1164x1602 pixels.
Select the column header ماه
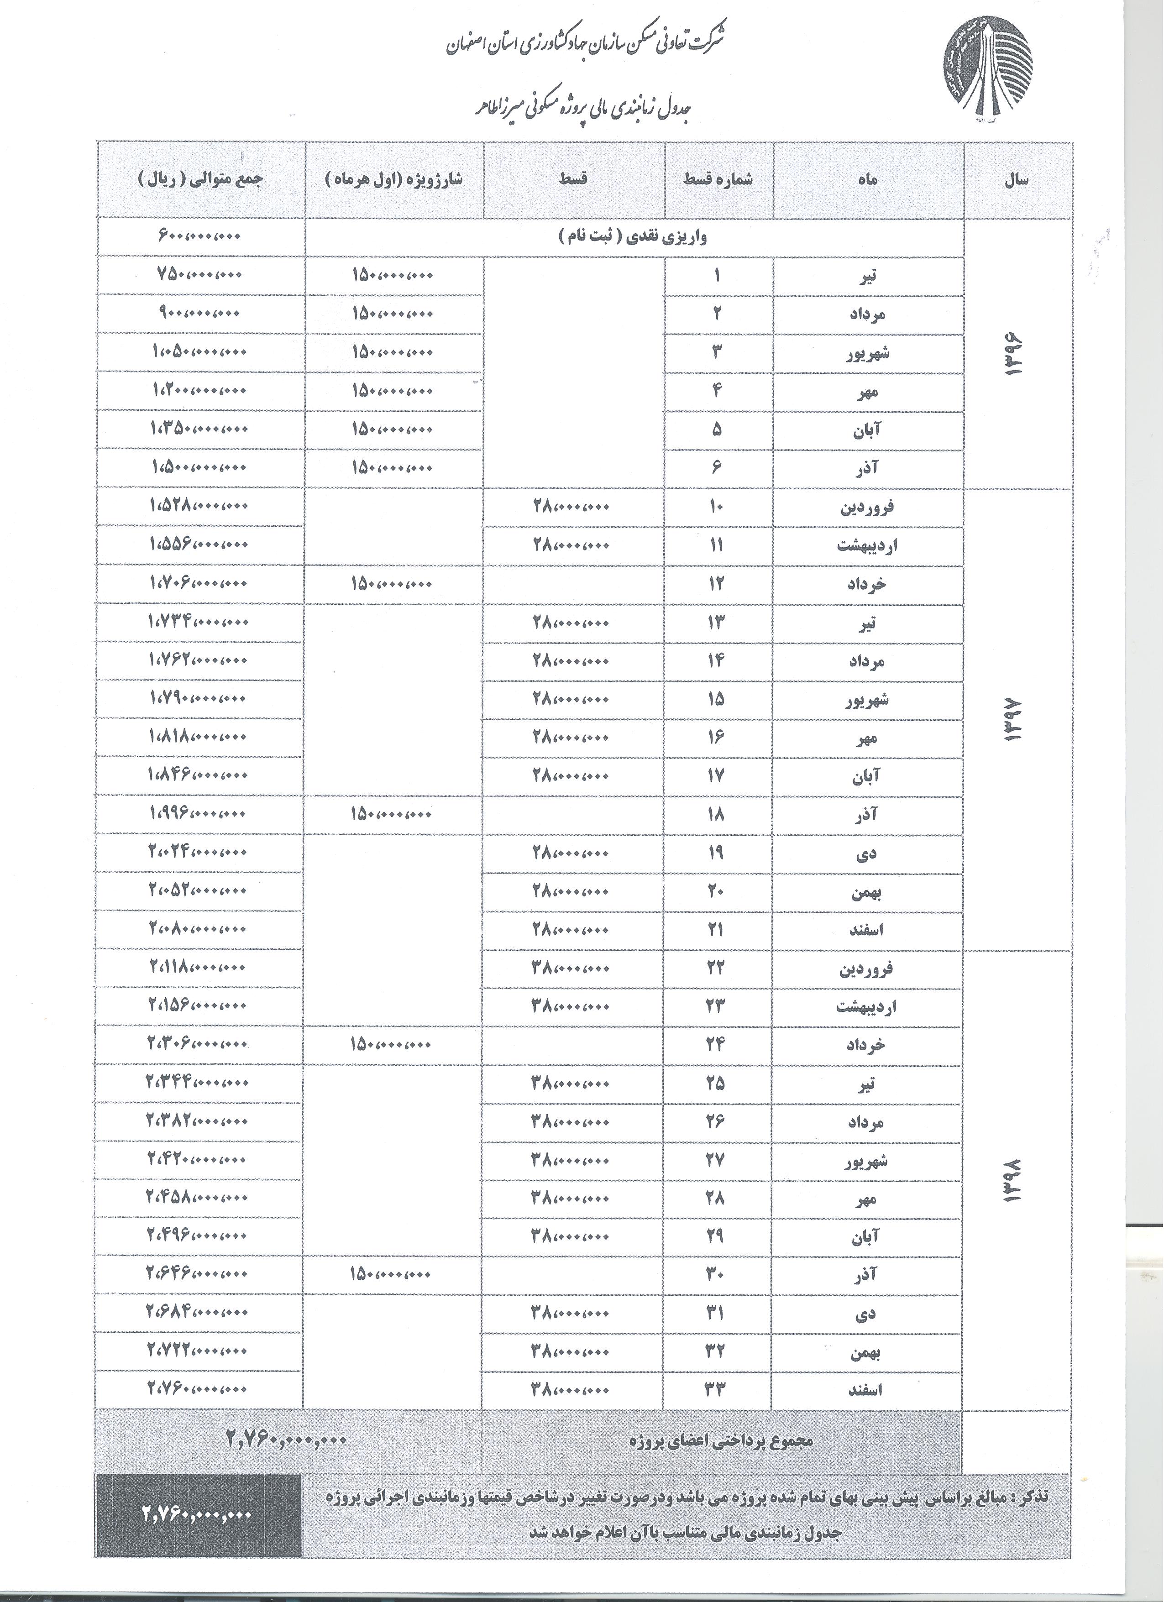point(869,180)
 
